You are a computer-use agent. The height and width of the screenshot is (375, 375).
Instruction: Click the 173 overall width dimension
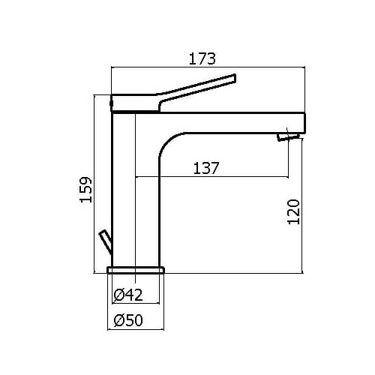[x=202, y=58]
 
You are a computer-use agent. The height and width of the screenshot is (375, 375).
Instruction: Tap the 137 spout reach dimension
[x=206, y=168]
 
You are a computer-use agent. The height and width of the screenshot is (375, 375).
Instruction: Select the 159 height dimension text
[x=85, y=190]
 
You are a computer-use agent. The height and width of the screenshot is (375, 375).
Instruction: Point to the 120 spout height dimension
[x=293, y=211]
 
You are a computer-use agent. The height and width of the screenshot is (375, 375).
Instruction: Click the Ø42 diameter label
[x=128, y=295]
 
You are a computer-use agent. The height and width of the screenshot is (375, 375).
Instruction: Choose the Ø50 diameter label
[x=128, y=320]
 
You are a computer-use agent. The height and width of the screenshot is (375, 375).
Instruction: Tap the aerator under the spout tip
[x=288, y=137]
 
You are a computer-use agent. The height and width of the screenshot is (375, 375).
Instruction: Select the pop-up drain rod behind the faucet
[x=106, y=242]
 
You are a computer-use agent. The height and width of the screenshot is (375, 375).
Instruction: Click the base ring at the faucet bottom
[x=136, y=270]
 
